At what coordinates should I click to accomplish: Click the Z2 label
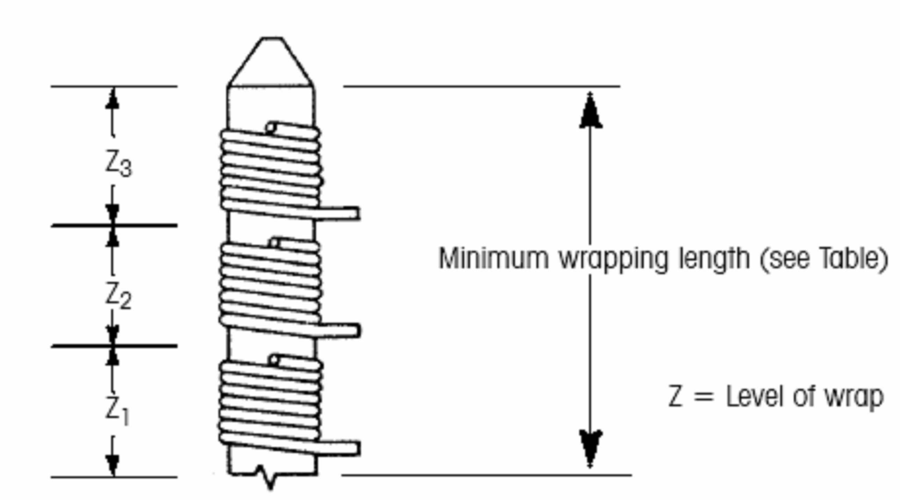click(x=118, y=296)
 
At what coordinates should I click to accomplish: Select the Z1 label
click(x=117, y=411)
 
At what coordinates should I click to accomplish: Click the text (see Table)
click(x=823, y=259)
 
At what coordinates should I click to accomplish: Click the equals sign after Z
click(x=703, y=397)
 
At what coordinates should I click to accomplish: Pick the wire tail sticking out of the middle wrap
click(x=343, y=331)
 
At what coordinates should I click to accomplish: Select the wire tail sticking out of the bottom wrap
click(x=343, y=448)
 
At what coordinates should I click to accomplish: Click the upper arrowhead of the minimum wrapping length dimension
click(x=590, y=112)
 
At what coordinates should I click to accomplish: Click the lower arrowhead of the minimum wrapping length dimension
click(x=590, y=448)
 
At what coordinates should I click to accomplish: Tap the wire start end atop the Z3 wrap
click(x=271, y=128)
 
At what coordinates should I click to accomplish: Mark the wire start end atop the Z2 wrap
click(x=274, y=242)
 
